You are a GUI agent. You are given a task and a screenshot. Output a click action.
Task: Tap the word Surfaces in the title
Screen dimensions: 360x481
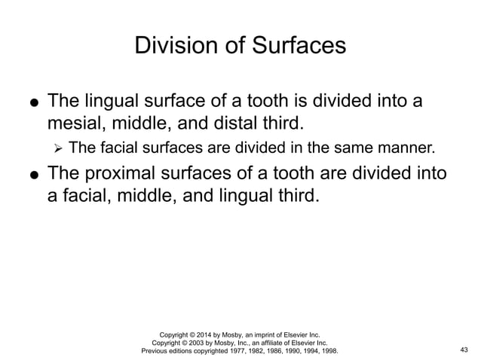[299, 46]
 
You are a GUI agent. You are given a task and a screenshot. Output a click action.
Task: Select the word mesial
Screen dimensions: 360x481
[74, 121]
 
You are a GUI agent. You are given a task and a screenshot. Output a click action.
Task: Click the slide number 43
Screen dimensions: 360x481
[463, 350]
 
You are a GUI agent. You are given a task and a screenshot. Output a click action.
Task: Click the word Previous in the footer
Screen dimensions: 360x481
[155, 350]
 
